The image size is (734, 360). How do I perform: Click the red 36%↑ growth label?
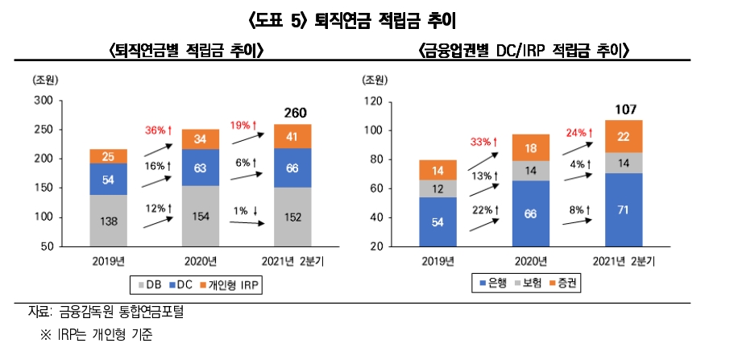[x=159, y=130]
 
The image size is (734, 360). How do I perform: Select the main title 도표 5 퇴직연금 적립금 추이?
[x=367, y=17]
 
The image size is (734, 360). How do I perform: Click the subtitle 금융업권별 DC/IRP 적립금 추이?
[x=524, y=51]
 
